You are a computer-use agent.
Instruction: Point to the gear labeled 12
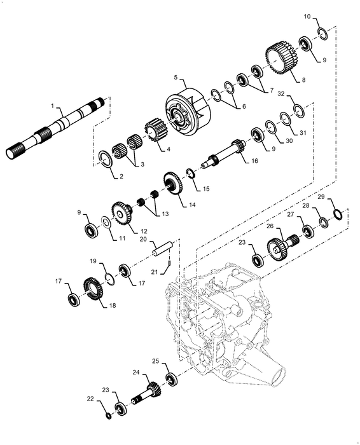(x=120, y=214)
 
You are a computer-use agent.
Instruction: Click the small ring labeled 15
(x=190, y=172)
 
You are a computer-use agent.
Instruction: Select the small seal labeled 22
(x=107, y=415)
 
